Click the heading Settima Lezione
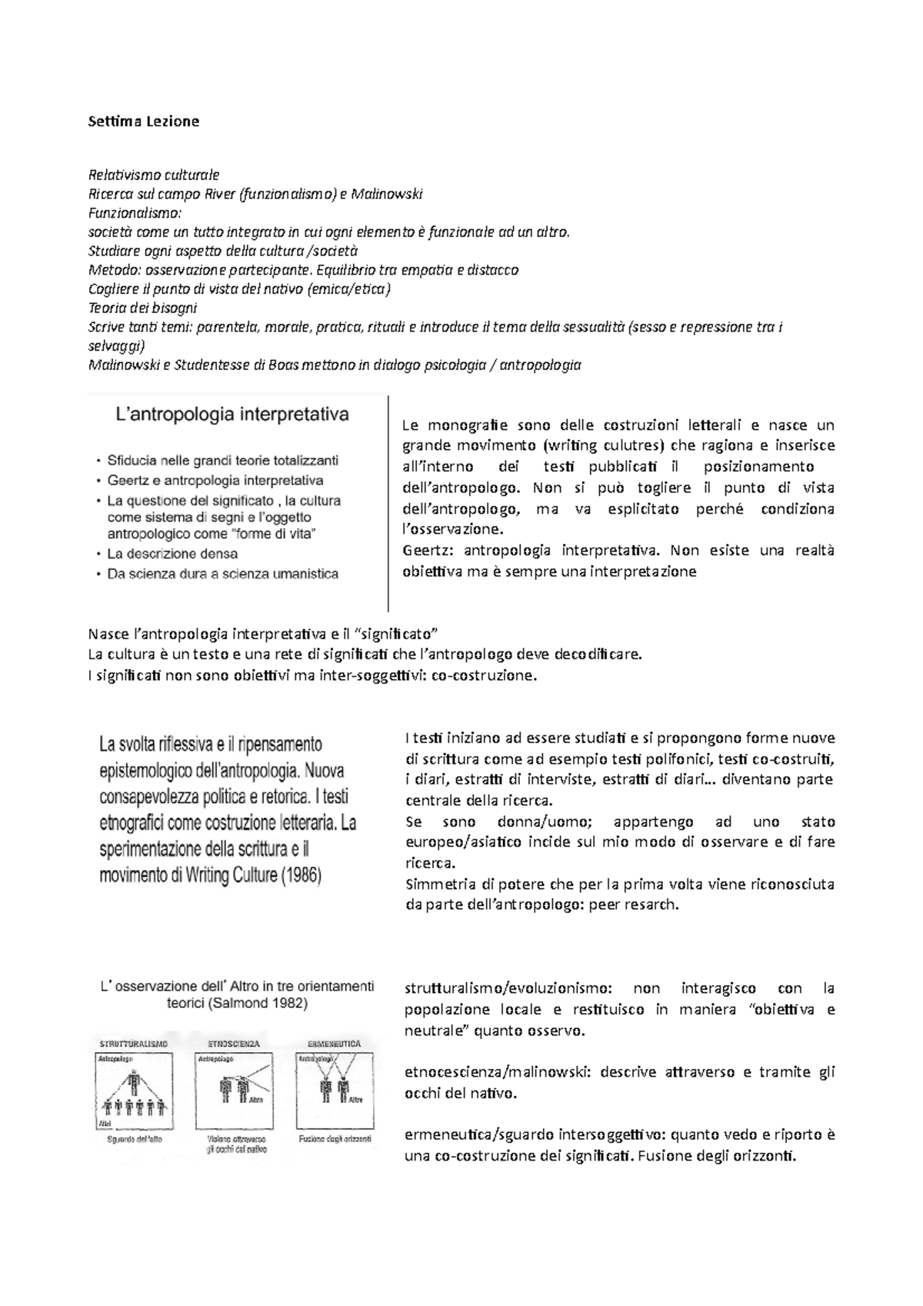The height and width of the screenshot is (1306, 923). (x=144, y=121)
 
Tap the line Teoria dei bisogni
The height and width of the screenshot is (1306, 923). (x=143, y=308)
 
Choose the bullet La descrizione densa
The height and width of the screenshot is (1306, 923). (x=172, y=554)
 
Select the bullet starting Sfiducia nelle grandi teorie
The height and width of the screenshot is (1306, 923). (x=222, y=461)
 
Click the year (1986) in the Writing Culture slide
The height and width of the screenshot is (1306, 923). (x=296, y=876)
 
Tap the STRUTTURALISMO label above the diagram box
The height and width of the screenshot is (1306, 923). (x=134, y=1044)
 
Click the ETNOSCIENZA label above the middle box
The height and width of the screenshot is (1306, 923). (x=234, y=1044)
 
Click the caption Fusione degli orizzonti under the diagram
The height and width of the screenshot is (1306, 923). (x=335, y=1139)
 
